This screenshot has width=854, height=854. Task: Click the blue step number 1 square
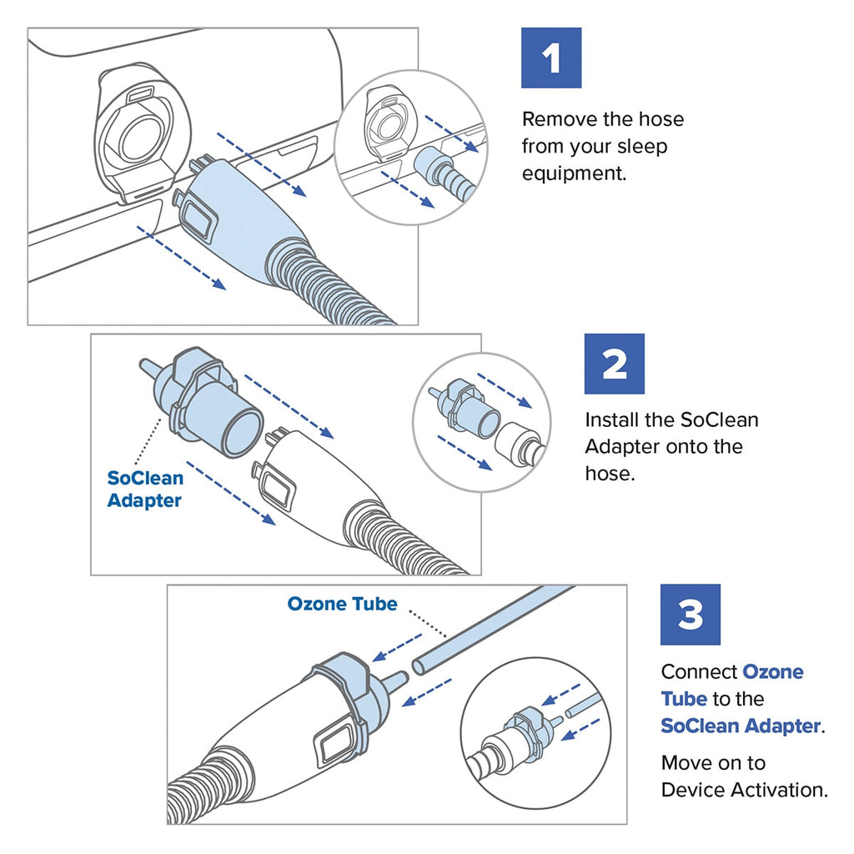point(550,58)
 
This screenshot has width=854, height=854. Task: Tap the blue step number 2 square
point(614,364)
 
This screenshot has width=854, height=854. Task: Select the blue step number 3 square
point(690,615)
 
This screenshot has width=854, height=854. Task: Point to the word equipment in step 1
point(573,174)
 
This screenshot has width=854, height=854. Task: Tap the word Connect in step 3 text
point(698,671)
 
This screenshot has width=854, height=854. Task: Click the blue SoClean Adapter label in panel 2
point(145,490)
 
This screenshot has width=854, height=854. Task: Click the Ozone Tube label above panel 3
point(342,604)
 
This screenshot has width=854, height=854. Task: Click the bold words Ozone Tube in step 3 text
point(732,685)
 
